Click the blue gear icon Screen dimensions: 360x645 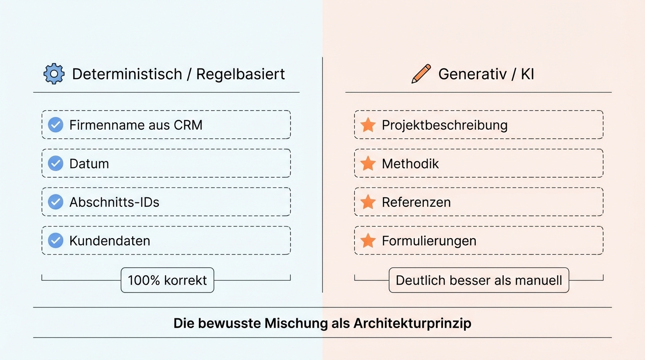pos(54,74)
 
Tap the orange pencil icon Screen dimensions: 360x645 pos(421,74)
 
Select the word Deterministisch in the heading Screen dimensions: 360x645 pos(127,74)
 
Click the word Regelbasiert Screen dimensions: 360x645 pos(240,74)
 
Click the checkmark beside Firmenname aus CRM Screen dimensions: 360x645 pos(56,125)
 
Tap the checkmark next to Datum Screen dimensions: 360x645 pos(56,163)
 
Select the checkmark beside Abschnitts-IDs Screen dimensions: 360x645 pos(56,202)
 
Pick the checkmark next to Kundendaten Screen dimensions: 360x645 pos(56,240)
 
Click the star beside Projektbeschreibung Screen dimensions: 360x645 pos(368,125)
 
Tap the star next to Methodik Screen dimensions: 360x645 pos(368,163)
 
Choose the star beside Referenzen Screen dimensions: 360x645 pos(368,202)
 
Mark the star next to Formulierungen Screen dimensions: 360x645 pos(368,240)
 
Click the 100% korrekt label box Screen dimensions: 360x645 pos(167,280)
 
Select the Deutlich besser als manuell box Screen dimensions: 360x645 pos(479,280)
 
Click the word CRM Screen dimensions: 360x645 pos(188,125)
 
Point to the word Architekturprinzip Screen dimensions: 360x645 pos(412,323)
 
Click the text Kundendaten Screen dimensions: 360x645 pos(110,241)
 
